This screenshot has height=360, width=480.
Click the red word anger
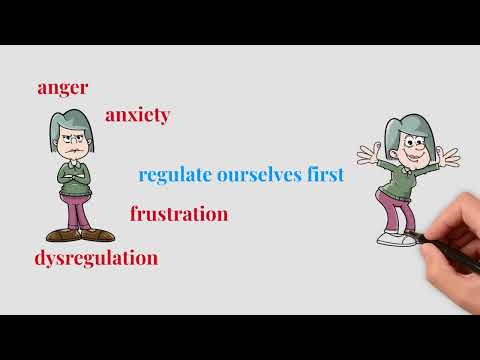point(62,87)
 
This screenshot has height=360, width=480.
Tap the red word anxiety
point(137,115)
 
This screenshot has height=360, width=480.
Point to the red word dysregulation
point(96,257)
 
